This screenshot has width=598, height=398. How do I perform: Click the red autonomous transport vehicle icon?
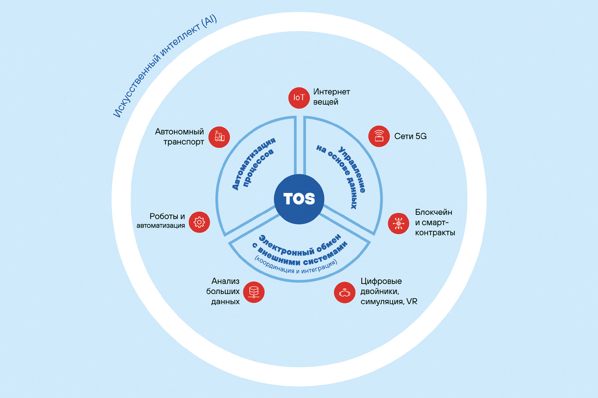click(219, 136)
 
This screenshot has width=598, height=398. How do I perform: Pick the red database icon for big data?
click(254, 292)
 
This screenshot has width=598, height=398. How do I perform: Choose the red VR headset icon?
click(344, 293)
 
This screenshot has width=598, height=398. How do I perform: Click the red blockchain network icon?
click(399, 223)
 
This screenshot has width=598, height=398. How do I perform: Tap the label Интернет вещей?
click(332, 97)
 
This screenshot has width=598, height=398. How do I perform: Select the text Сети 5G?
click(410, 136)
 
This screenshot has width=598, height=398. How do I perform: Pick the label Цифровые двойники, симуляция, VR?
click(385, 292)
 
